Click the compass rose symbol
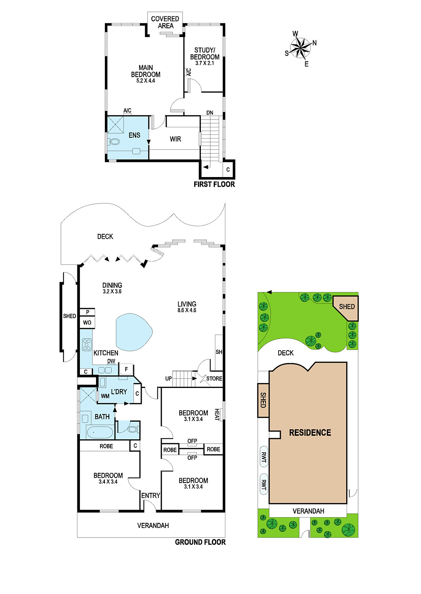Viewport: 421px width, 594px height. coord(300,48)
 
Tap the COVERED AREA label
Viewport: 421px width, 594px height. coord(165,22)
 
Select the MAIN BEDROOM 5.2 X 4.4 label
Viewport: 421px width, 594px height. coord(145,74)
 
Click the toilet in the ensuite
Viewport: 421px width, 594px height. coord(114,142)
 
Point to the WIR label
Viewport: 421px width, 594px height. coord(175,139)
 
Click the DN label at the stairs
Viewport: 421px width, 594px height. coord(210,113)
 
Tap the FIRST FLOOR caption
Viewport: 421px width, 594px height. coord(214,184)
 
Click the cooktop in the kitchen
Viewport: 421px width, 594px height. coord(87,345)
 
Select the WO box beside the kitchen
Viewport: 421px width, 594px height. coord(87,323)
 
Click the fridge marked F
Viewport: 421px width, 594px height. coord(126,369)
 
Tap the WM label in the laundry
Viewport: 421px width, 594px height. coord(105,396)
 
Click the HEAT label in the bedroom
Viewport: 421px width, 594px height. coord(217,414)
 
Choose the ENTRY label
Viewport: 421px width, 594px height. coord(151,495)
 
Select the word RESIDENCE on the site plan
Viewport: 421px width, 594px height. coord(310,433)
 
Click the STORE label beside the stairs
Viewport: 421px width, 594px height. coord(214,378)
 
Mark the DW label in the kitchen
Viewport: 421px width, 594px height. coord(111,361)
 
